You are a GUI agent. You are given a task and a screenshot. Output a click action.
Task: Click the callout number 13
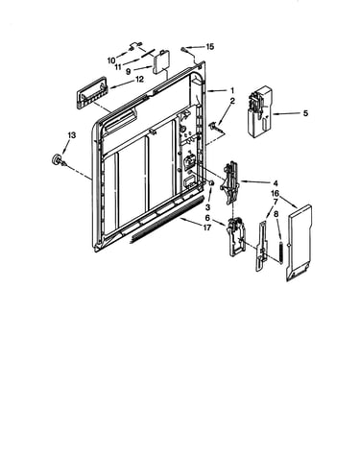click(x=72, y=135)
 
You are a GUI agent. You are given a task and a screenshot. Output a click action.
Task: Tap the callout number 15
click(x=209, y=47)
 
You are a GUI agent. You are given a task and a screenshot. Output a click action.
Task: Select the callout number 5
click(x=305, y=113)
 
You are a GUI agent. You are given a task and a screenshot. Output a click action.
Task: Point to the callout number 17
click(x=207, y=228)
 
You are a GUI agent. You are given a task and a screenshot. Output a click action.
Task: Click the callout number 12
click(x=140, y=79)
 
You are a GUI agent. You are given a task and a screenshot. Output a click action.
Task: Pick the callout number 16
click(x=275, y=193)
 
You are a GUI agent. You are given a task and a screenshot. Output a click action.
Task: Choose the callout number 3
click(x=208, y=207)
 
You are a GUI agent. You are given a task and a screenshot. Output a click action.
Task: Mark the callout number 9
click(x=128, y=71)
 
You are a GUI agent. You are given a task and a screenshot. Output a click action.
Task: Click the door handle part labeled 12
click(x=91, y=92)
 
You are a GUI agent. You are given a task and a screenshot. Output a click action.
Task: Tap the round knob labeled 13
click(x=58, y=159)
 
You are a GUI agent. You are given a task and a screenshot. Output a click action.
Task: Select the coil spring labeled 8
click(x=280, y=252)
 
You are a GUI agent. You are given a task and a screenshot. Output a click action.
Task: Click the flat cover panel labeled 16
click(x=300, y=243)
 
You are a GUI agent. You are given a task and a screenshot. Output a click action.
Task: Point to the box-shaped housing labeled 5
click(x=260, y=112)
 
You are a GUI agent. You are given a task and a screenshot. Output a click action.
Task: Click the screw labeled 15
click(x=183, y=49)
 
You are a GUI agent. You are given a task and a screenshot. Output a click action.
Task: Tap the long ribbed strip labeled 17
click(x=166, y=220)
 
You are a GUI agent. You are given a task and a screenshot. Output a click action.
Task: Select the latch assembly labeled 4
click(x=230, y=182)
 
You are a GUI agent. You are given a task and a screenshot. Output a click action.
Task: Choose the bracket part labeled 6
click(x=236, y=236)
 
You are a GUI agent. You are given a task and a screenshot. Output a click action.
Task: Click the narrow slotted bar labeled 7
click(x=261, y=246)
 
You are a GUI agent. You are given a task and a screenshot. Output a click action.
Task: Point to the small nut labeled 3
click(x=211, y=182)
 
